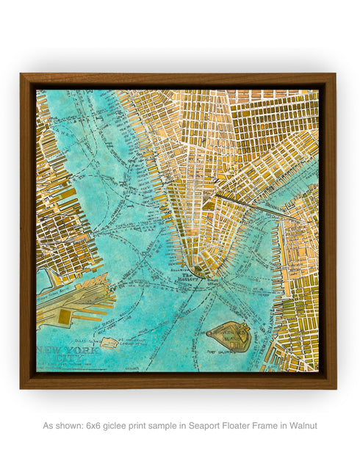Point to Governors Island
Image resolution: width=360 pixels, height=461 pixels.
229,336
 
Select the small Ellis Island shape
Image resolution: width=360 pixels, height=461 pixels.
109,342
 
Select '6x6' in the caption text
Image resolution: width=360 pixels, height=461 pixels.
96,425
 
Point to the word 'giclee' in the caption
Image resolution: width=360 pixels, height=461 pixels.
120,425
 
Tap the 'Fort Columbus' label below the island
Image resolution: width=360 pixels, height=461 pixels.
229,358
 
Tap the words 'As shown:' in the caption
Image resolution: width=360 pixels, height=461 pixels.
62,425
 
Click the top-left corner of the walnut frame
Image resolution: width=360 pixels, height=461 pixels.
22,75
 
